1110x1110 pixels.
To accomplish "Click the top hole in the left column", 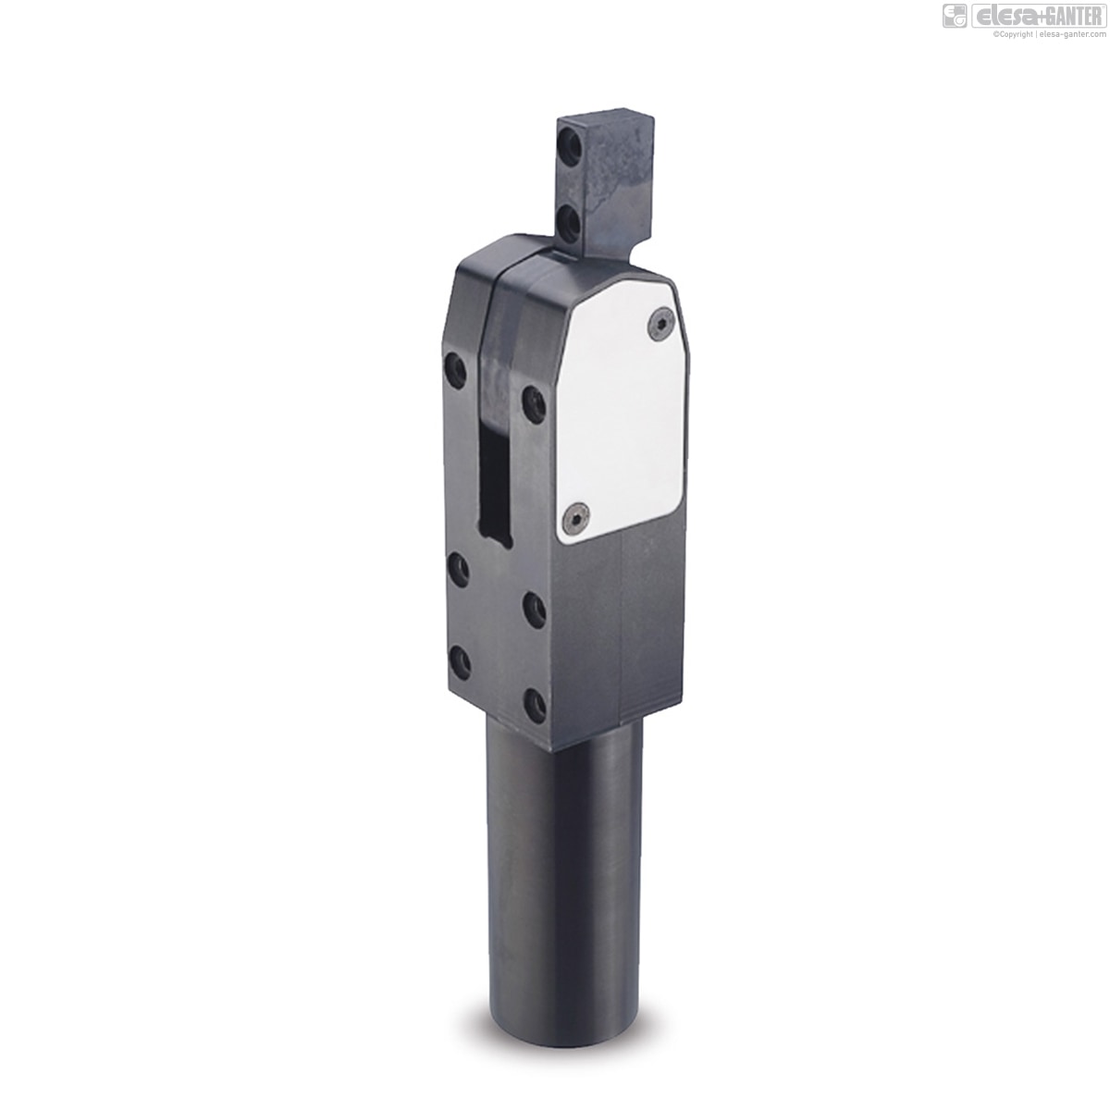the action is click(456, 371).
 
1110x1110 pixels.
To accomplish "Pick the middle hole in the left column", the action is click(459, 569).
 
